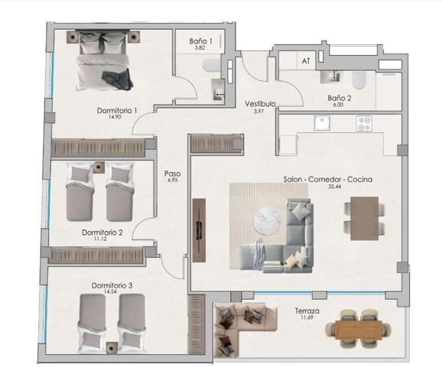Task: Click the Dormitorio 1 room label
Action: (117, 110)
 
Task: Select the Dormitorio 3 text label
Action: (112, 285)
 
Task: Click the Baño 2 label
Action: (339, 98)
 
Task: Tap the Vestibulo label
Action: (260, 103)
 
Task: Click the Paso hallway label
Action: (172, 174)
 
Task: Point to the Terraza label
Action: (307, 312)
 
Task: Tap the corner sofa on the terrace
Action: (236, 326)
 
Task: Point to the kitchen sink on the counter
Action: (319, 122)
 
